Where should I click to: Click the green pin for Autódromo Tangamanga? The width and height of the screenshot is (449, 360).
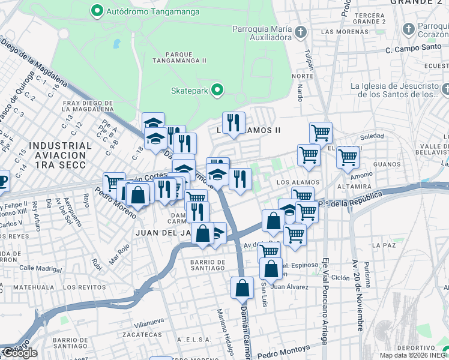click(96, 10)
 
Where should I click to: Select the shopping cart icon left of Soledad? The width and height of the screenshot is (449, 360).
click(321, 132)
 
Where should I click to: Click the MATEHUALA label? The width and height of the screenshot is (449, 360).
click(21, 287)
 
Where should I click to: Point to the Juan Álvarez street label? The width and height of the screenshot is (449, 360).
click(289, 287)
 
